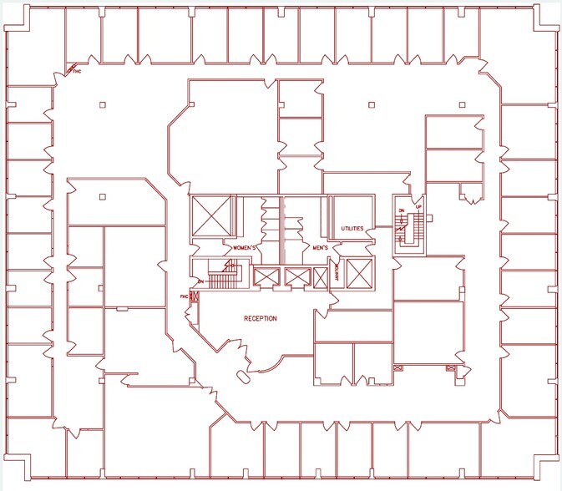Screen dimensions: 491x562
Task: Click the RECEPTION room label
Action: point(261,319)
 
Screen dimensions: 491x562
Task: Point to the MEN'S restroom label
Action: point(319,248)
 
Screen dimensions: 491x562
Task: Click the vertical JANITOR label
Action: point(337,273)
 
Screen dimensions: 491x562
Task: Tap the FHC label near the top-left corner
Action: point(78,72)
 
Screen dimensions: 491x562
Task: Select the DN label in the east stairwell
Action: point(401,210)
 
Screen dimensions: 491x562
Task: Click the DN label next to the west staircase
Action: point(201,282)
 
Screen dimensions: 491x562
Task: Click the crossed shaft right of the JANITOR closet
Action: point(358,274)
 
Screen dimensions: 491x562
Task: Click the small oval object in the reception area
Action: point(245,375)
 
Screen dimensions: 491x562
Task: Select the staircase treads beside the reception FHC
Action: point(222,277)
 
